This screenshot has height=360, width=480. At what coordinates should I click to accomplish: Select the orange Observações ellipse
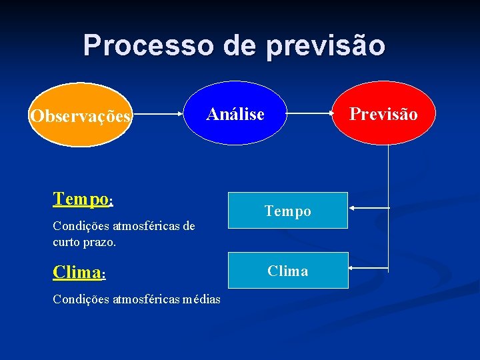click(81, 115)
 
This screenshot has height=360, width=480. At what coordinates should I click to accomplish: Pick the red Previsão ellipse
click(384, 113)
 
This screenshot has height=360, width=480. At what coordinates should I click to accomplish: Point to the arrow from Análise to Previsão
click(310, 115)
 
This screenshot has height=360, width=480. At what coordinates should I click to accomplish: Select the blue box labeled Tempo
click(288, 211)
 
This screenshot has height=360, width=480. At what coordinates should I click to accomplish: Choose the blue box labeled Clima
click(288, 270)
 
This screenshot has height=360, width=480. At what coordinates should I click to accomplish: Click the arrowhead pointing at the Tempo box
click(353, 209)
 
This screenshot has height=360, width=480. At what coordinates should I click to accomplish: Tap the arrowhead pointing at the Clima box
click(353, 268)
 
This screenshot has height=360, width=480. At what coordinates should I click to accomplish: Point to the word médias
click(198, 299)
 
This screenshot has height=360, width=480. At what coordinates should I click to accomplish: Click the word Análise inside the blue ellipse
click(235, 114)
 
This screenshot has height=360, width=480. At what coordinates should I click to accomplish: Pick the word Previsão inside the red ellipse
click(384, 114)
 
